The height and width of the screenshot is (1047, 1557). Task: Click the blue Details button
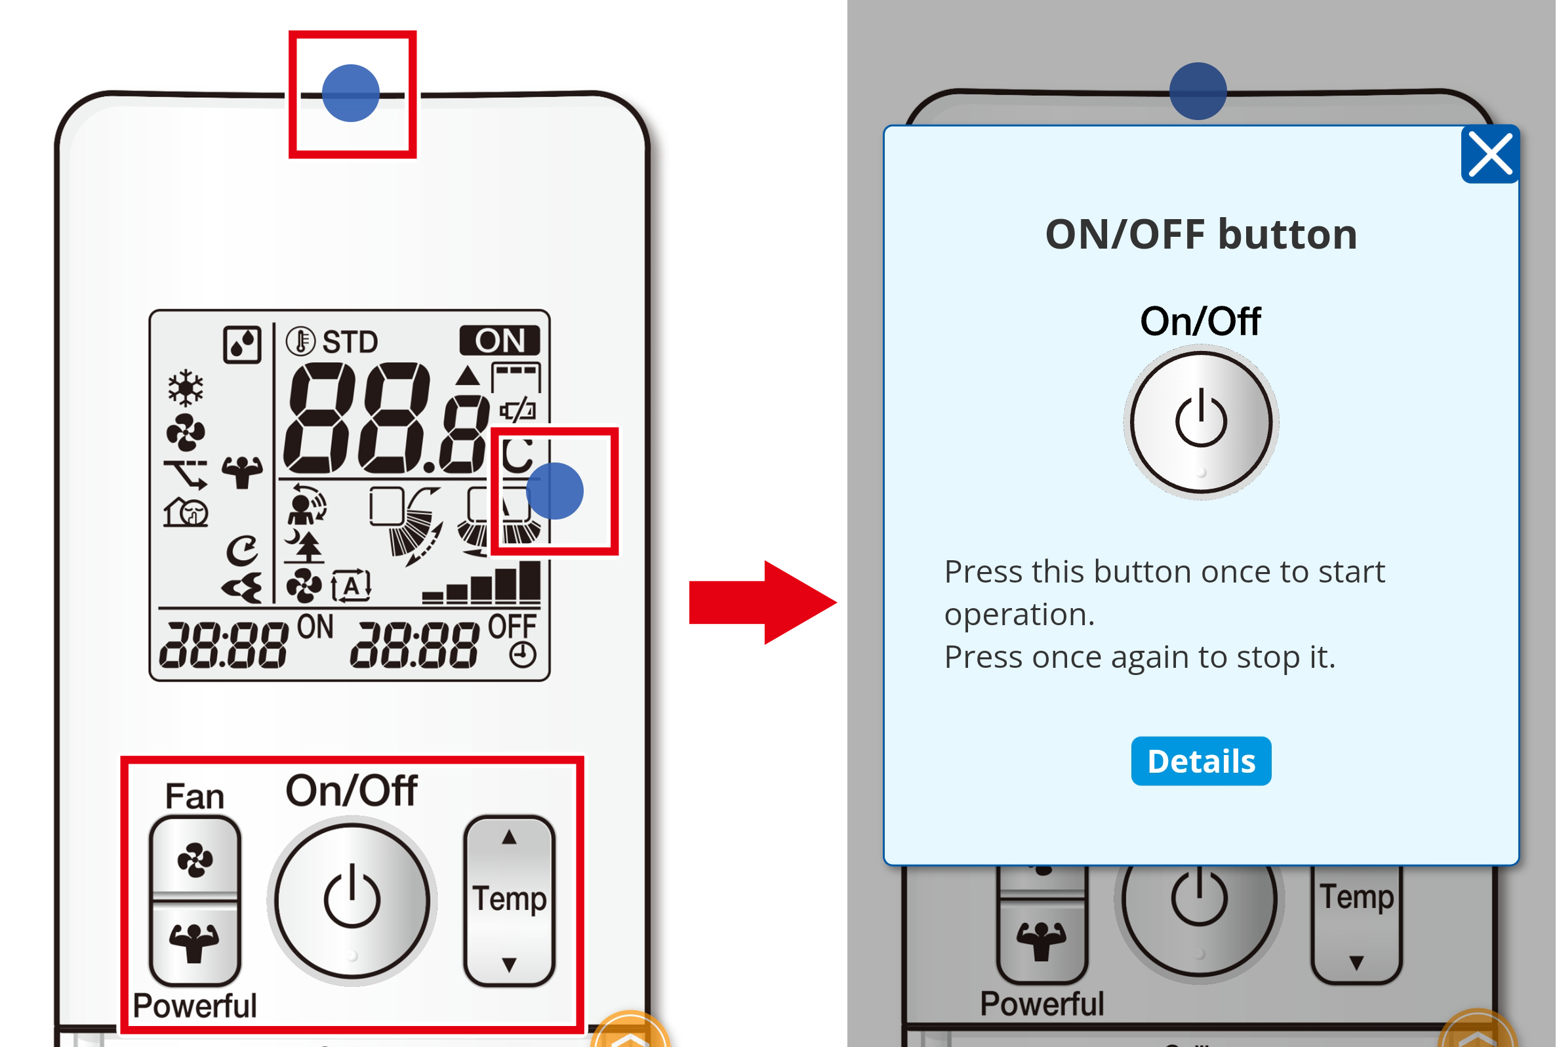[x=1202, y=761]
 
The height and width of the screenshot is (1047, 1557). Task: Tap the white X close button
[x=1490, y=154]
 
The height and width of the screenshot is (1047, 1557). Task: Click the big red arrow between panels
[x=763, y=602]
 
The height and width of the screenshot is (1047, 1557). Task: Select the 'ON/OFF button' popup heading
[x=1202, y=234]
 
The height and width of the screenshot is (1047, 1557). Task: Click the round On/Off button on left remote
[x=352, y=901]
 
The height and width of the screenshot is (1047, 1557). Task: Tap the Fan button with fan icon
[x=195, y=859]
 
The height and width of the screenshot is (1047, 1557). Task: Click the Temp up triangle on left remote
[x=509, y=837]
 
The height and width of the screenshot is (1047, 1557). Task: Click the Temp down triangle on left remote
[x=509, y=965]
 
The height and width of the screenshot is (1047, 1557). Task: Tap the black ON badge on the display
[x=500, y=340]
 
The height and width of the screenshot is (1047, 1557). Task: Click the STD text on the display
[x=350, y=342]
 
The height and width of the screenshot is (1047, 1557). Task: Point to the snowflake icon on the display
[x=186, y=387]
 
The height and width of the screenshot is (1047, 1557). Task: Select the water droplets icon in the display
[x=242, y=344]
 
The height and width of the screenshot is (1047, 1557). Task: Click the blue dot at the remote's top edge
[x=351, y=92]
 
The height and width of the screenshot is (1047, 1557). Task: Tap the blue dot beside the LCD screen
[x=556, y=491]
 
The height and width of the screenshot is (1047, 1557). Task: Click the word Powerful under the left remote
[x=195, y=1006]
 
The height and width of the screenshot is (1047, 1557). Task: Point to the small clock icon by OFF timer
[x=523, y=655]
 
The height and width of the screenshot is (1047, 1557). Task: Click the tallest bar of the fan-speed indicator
[x=531, y=583]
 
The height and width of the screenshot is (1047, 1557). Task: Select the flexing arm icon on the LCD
[x=242, y=472]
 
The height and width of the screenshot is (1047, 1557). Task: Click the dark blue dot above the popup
[x=1199, y=91]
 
